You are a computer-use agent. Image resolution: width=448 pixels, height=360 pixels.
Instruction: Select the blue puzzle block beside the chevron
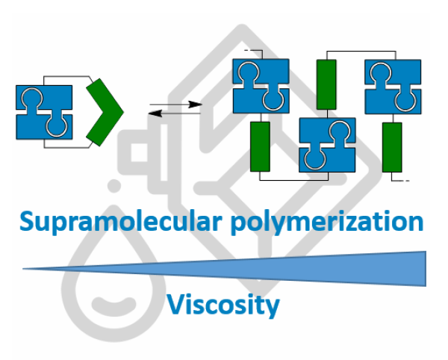(x=44, y=112)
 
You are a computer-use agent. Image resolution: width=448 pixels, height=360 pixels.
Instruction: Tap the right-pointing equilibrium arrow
(x=176, y=105)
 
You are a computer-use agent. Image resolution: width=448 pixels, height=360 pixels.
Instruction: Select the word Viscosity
(x=223, y=304)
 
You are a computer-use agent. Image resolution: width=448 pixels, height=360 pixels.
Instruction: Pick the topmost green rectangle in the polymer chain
(x=327, y=85)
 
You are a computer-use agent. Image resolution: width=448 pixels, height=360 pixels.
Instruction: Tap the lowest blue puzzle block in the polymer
(x=327, y=145)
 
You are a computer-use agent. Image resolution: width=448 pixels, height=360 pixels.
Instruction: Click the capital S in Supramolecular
(x=29, y=222)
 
